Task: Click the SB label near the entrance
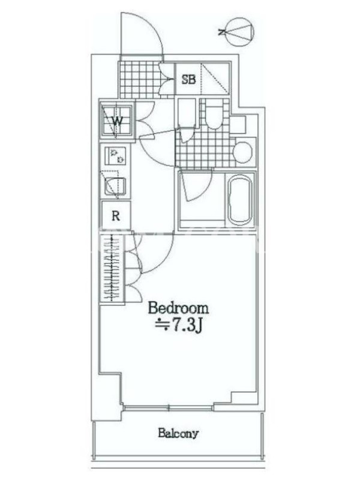[188, 79]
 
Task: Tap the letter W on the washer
[117, 121]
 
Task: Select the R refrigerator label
[116, 216]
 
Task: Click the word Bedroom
[178, 308]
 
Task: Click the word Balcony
[178, 433]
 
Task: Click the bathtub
[241, 199]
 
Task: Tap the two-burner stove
[115, 156]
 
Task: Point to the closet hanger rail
[112, 267]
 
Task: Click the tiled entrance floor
[140, 79]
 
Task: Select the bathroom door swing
[196, 186]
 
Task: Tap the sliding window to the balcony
[168, 407]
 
